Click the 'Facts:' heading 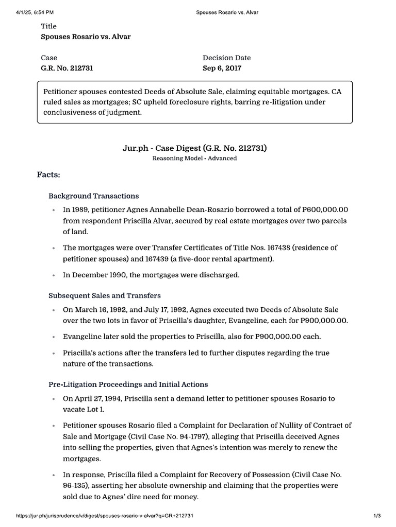click(48, 175)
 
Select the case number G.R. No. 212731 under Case click(67, 68)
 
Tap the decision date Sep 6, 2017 click(222, 68)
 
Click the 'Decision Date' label click(226, 58)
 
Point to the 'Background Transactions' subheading click(93, 196)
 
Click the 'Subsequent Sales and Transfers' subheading click(104, 295)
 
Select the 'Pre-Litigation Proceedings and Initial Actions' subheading click(128, 384)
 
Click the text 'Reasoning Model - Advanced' click(194, 159)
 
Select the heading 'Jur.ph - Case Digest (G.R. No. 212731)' click(194, 148)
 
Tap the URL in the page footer click(105, 515)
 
